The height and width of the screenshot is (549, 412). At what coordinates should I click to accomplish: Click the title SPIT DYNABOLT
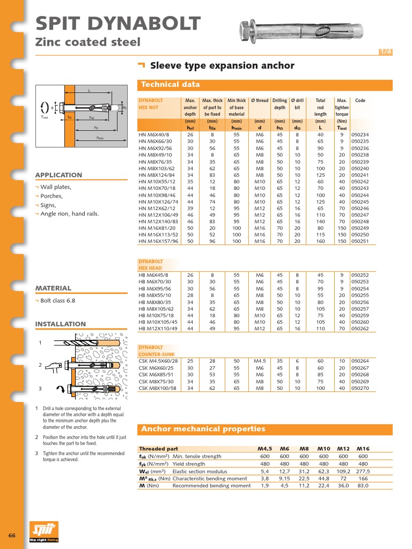coord(118,24)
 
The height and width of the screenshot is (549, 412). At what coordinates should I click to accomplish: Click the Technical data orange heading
coord(170,84)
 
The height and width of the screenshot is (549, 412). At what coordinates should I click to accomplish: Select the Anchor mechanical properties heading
coord(203,429)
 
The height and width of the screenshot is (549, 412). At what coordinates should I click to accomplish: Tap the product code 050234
coord(360,135)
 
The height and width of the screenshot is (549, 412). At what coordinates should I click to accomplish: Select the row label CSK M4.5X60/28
coord(158,361)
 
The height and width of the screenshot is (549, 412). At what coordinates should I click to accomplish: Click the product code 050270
coord(360,388)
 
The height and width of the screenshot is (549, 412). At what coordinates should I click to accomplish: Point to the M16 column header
coord(363,449)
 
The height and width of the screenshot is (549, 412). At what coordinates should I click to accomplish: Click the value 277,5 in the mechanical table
coord(363,471)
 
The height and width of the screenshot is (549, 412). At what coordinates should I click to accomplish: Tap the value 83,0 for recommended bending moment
coord(363,486)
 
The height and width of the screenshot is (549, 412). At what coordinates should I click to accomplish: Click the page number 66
coord(12,536)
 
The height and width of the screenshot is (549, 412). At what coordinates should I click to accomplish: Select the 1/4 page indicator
coord(385,51)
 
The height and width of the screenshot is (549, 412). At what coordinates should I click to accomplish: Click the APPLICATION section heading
coord(58,175)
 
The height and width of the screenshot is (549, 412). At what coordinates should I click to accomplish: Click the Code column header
coord(360,100)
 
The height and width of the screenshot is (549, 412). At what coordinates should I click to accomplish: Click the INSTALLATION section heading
coord(60,324)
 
